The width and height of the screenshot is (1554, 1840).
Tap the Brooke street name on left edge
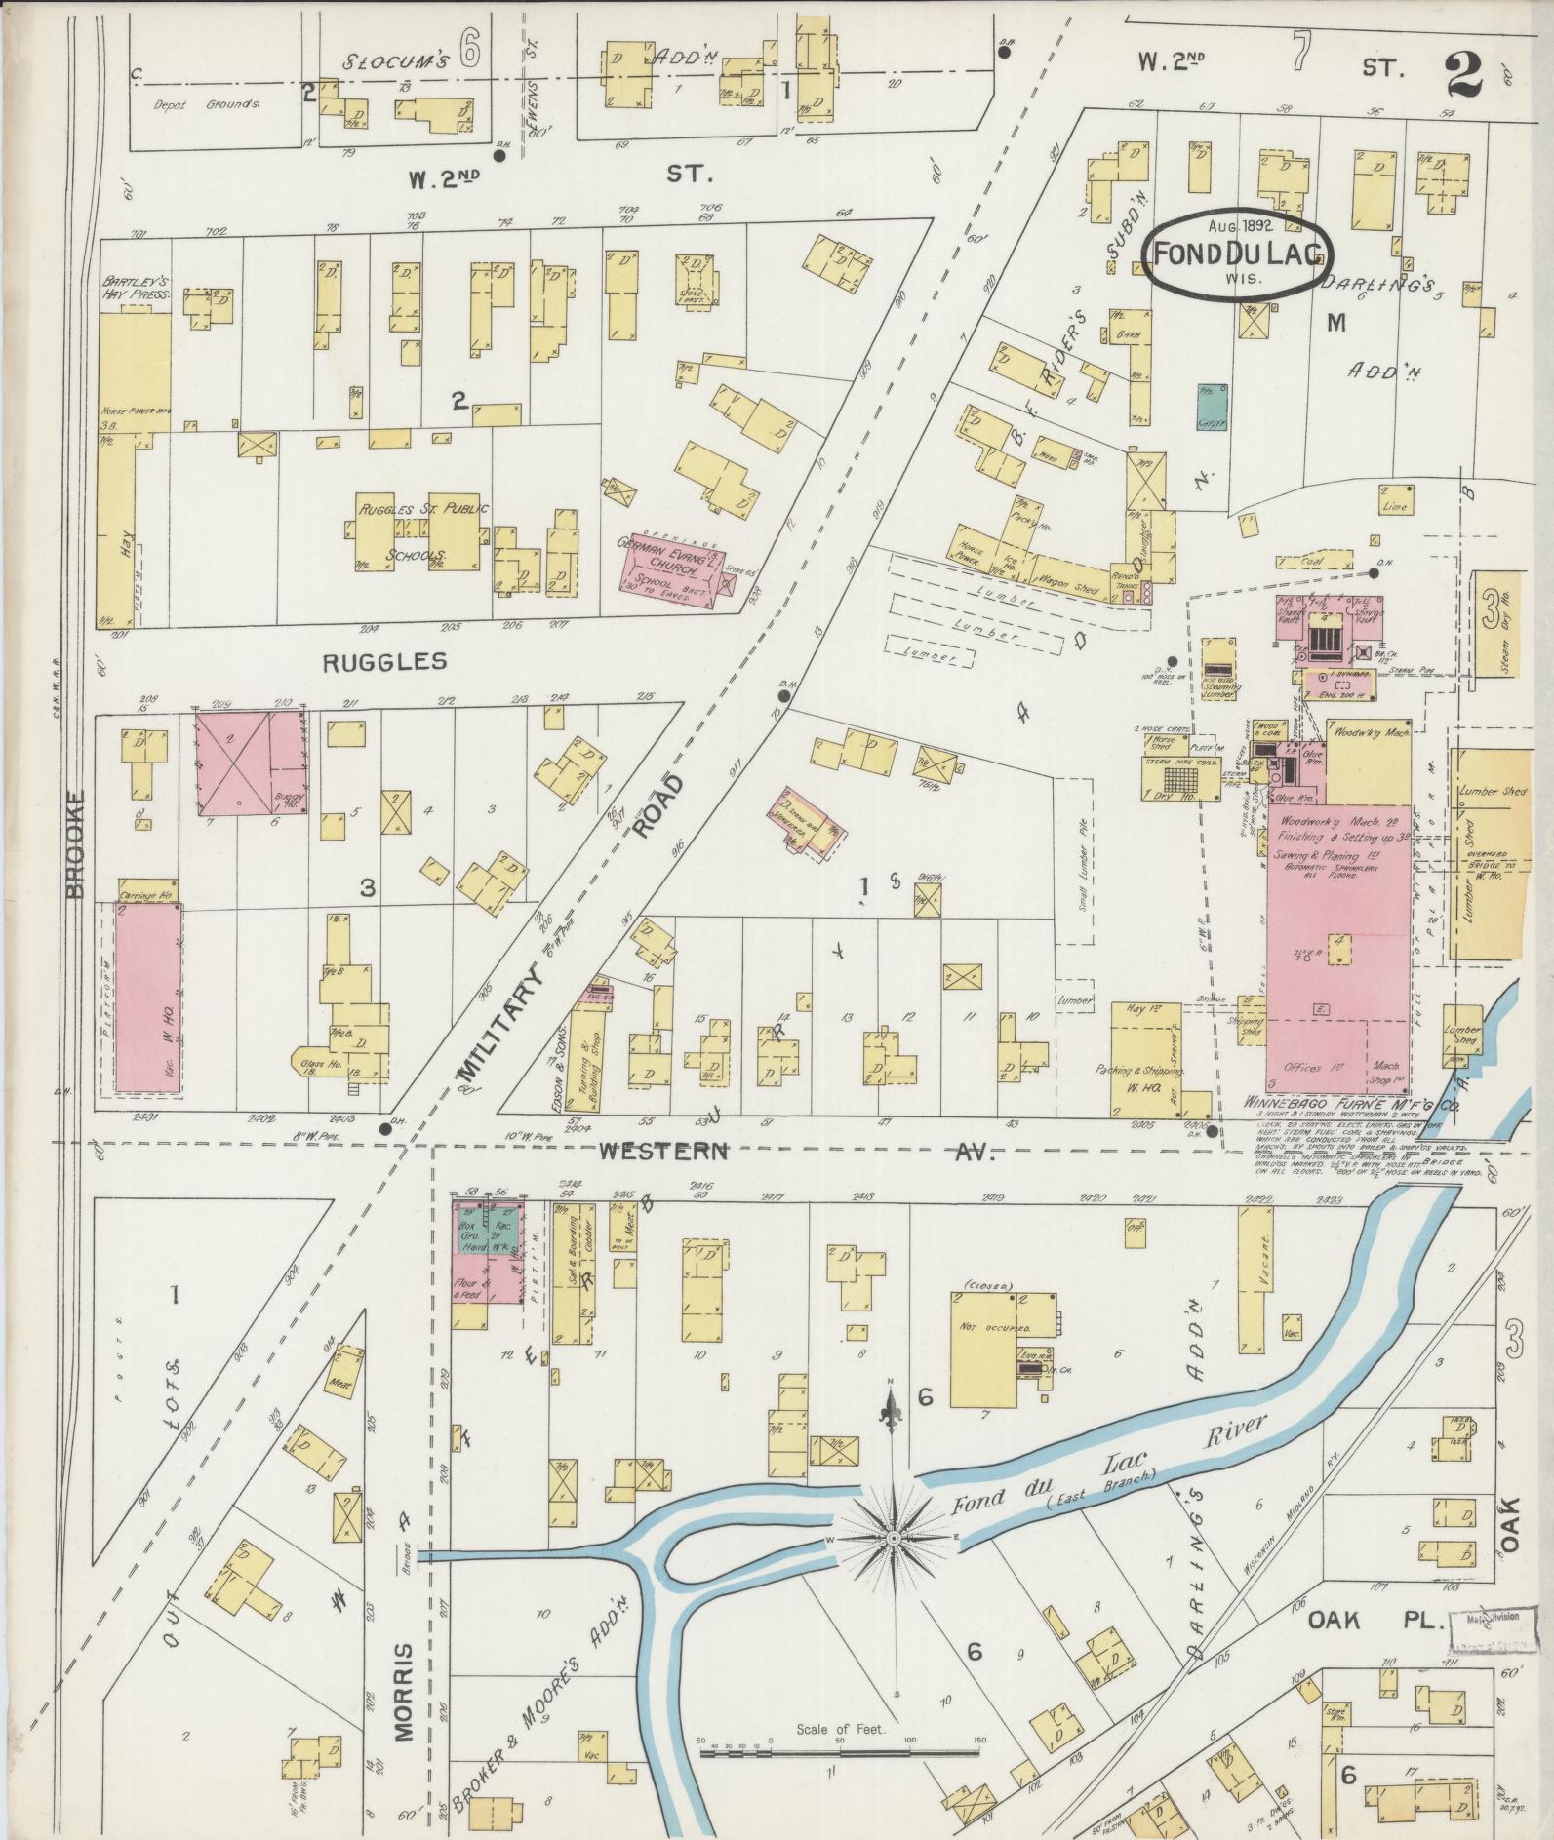click(x=78, y=843)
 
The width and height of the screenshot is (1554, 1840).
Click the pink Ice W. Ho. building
click(x=147, y=996)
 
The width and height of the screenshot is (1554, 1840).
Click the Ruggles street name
click(x=384, y=661)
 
